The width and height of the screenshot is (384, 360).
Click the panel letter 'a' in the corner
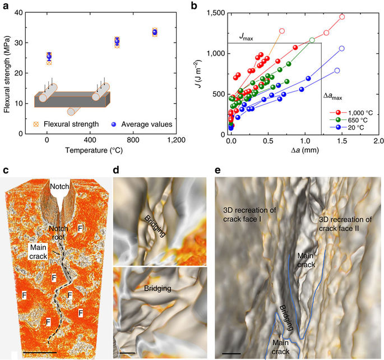click(5, 6)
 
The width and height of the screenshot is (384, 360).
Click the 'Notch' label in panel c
click(59, 186)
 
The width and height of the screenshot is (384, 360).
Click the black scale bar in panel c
click(41, 352)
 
